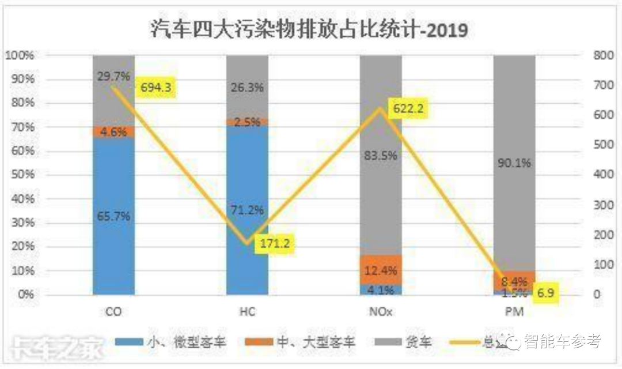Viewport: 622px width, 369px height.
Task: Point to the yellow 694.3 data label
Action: point(155,88)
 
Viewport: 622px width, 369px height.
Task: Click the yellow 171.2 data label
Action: point(274,244)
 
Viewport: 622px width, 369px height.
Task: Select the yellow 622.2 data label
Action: point(409,108)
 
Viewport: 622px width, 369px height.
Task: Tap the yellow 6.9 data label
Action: point(545,292)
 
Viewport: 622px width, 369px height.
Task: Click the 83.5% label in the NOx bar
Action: point(381,155)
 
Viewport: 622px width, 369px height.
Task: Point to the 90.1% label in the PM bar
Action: point(514,163)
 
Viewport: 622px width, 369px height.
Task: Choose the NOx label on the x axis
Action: point(381,311)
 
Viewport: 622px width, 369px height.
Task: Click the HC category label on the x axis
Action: point(247,311)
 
